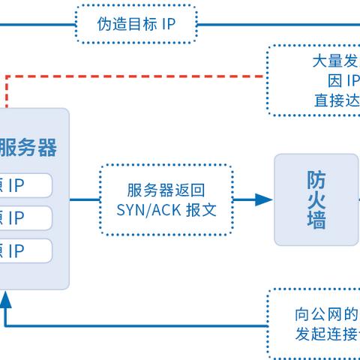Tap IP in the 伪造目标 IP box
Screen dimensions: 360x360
(x=166, y=24)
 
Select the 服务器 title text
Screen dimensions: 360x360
(x=28, y=147)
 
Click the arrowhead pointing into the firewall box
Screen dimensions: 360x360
(x=263, y=199)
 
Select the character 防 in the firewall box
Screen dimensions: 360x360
(x=315, y=179)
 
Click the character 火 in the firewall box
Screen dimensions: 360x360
(x=315, y=199)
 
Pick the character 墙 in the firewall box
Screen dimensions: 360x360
(x=315, y=220)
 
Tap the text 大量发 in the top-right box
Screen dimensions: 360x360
(x=335, y=61)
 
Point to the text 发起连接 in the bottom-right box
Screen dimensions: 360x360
(x=327, y=334)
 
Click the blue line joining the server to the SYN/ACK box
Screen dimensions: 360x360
(x=84, y=199)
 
